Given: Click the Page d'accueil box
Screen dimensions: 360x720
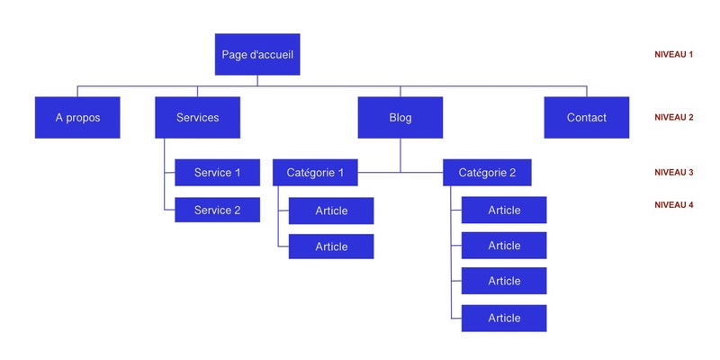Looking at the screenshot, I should pyautogui.click(x=257, y=54).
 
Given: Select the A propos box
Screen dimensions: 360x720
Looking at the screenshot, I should pyautogui.click(x=77, y=117).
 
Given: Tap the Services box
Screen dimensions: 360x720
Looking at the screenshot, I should pyautogui.click(x=197, y=117).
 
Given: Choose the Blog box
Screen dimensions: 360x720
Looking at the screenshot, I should pyautogui.click(x=400, y=117).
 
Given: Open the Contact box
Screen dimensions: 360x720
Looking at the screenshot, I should pyautogui.click(x=586, y=117).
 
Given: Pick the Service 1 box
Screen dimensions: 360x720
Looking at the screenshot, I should pyautogui.click(x=217, y=172).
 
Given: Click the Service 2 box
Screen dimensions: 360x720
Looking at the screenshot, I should pyautogui.click(x=217, y=210).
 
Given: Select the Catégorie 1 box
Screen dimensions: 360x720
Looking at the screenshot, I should pyautogui.click(x=315, y=172).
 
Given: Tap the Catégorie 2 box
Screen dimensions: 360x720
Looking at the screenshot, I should pyautogui.click(x=487, y=172).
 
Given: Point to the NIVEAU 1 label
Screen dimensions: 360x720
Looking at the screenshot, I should pyautogui.click(x=673, y=55).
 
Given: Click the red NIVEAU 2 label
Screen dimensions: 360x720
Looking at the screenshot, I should pyautogui.click(x=673, y=117).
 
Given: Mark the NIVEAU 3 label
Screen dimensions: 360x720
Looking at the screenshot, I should pyautogui.click(x=673, y=172).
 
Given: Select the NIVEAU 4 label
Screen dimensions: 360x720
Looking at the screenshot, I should pyautogui.click(x=673, y=205).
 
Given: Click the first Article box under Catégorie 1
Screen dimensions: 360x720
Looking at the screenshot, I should pyautogui.click(x=331, y=211).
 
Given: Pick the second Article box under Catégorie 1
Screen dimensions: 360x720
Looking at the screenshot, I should pyautogui.click(x=331, y=246).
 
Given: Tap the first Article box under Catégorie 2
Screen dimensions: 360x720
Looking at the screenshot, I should pyautogui.click(x=504, y=210).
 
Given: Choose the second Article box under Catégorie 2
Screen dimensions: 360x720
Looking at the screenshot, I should pyautogui.click(x=504, y=245).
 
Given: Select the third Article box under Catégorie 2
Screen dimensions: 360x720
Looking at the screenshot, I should pyautogui.click(x=504, y=281).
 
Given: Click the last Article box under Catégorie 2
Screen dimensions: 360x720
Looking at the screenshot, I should pyautogui.click(x=504, y=318).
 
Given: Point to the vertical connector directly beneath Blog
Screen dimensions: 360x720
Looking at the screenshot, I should pyautogui.click(x=400, y=153).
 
